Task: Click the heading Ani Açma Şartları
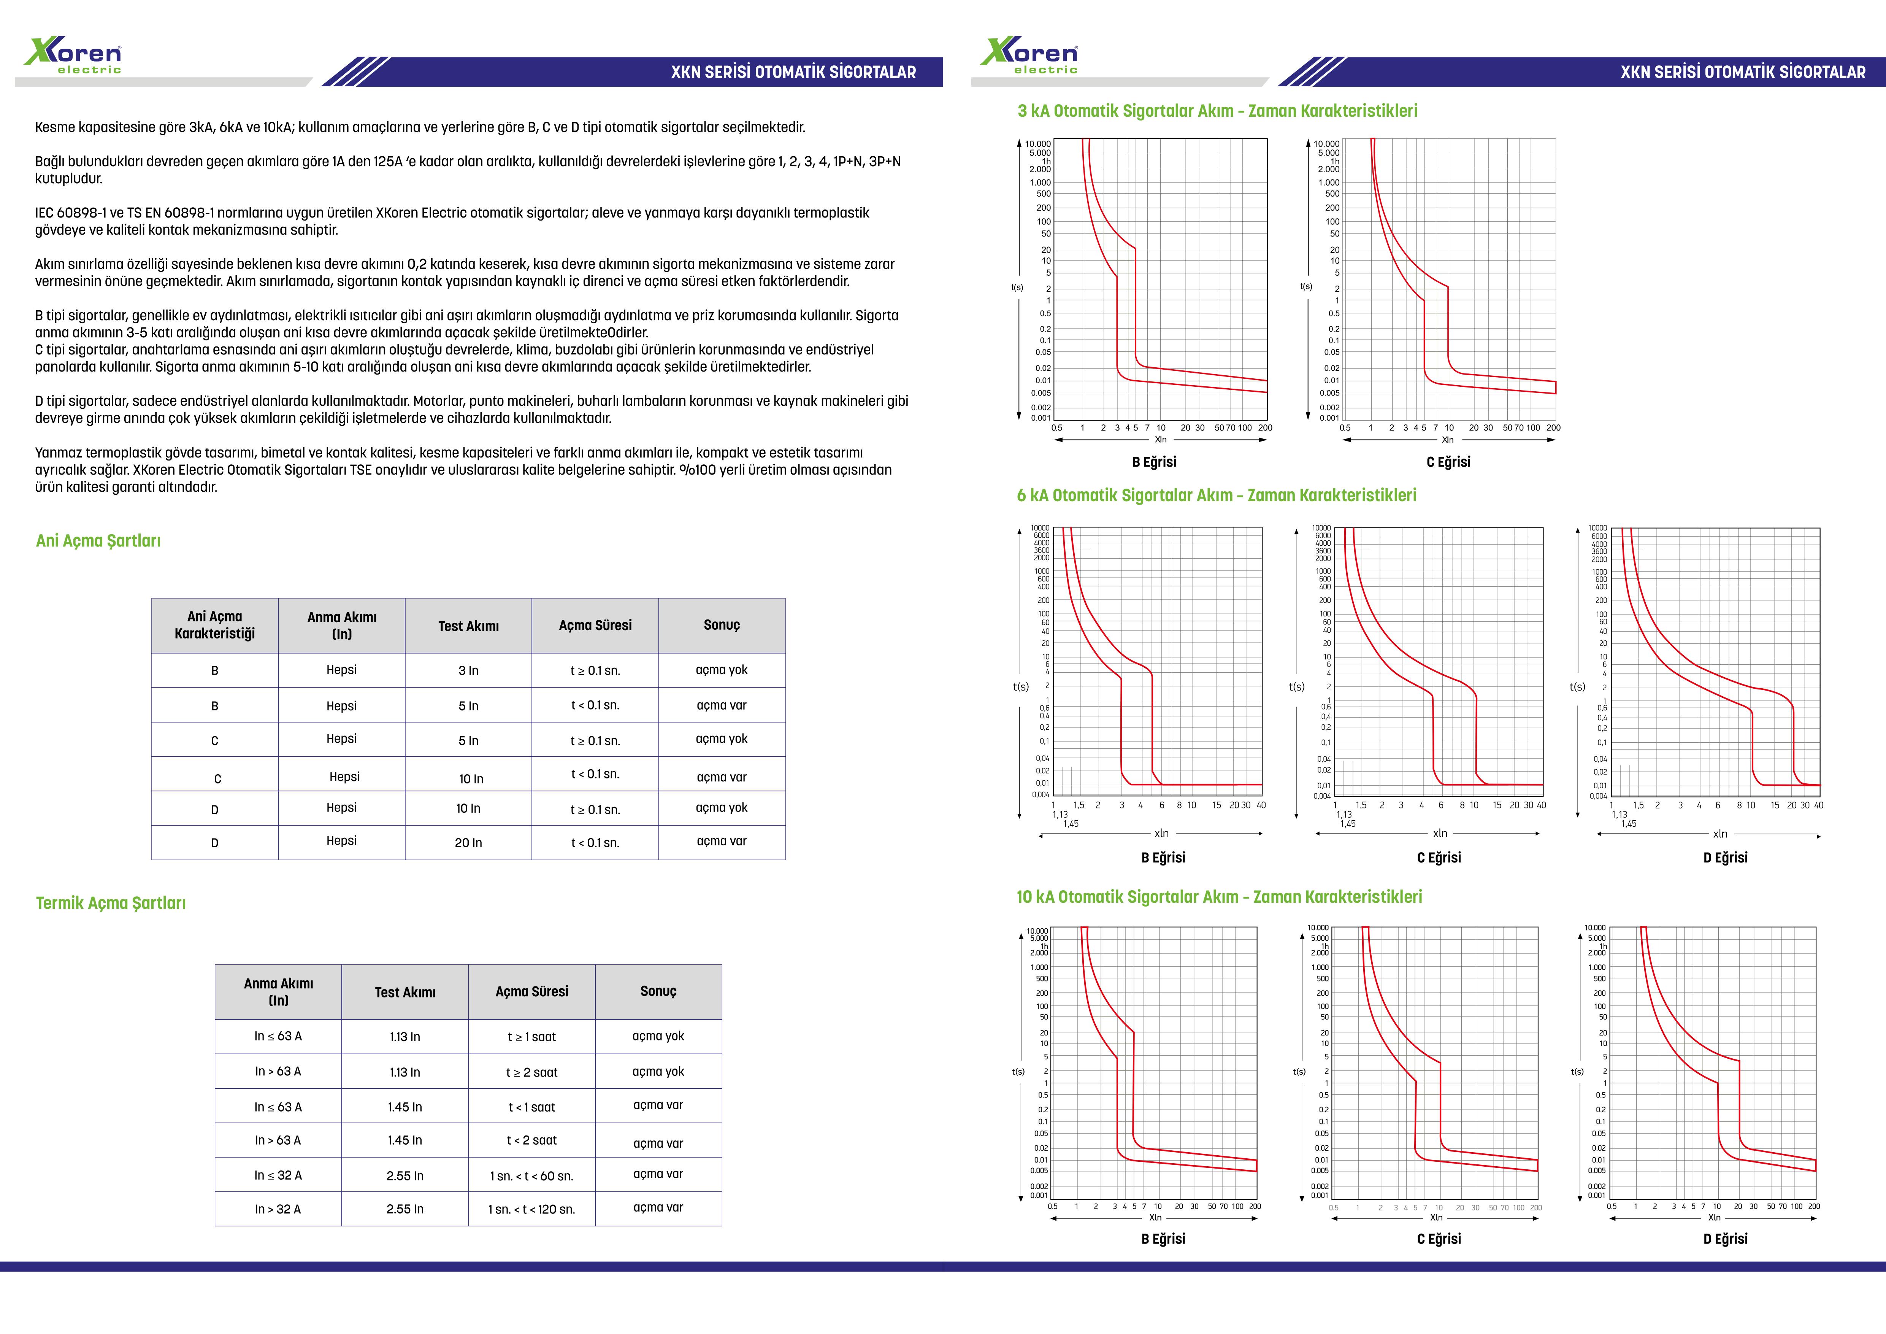tap(98, 540)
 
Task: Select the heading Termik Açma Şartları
tap(111, 903)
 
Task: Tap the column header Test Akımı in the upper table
tap(468, 626)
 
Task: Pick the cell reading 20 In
tap(468, 843)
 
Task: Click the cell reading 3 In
tap(468, 670)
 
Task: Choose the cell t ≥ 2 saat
tap(531, 1072)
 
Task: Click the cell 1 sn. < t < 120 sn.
tap(531, 1209)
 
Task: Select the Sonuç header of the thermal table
tap(658, 991)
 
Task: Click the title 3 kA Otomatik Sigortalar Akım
tap(1217, 111)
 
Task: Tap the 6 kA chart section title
tap(1217, 495)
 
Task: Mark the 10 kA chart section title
tap(1219, 897)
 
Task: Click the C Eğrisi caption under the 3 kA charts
tap(1448, 462)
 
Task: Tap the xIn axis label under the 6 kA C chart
tap(1440, 833)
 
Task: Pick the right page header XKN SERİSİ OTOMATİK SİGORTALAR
tap(1742, 72)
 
